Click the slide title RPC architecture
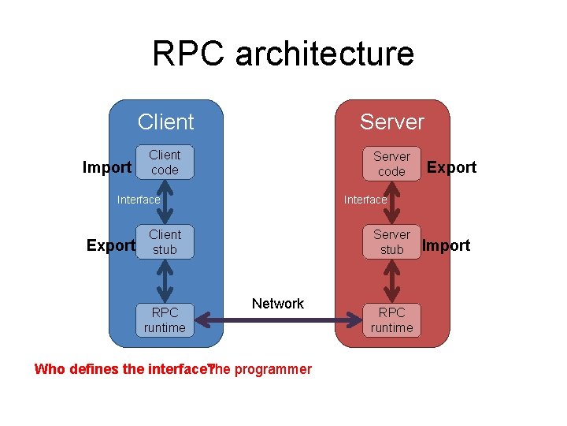coord(283,54)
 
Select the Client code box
coord(165,163)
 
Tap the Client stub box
coord(165,242)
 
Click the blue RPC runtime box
coord(165,319)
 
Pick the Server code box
coord(391,164)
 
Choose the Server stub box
coord(391,242)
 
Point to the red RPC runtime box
coord(391,319)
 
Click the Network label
coord(277,304)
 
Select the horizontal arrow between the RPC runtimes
coord(277,320)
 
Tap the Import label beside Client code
coord(107,167)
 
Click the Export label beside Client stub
coord(110,245)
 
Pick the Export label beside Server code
coord(451,167)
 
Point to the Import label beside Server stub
coord(446,245)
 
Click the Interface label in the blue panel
coord(139,200)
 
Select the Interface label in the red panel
coord(365,200)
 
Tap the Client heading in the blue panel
coord(165,122)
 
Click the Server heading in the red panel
coord(391,122)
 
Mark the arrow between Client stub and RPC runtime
coord(165,280)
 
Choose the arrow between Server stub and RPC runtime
coord(391,280)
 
